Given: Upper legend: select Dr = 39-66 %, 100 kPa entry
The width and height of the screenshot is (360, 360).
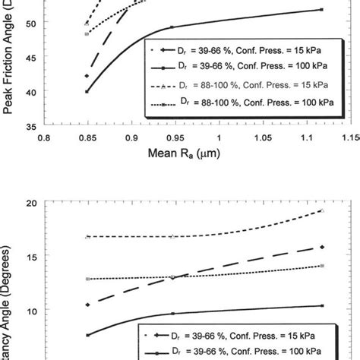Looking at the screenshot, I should click(x=243, y=67).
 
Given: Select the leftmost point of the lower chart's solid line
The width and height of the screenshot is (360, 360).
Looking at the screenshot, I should click(x=87, y=335).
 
